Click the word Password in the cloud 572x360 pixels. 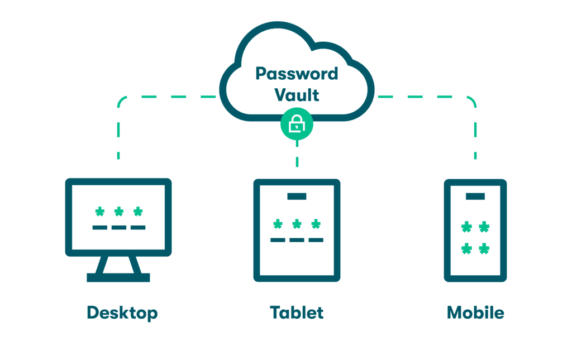[x=297, y=74]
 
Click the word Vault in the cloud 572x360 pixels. [x=297, y=94]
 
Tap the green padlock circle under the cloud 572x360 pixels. [x=297, y=125]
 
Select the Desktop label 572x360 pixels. [x=122, y=313]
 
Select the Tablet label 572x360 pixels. [x=297, y=313]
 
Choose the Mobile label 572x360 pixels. [x=475, y=313]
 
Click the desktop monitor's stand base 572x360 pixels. [x=118, y=277]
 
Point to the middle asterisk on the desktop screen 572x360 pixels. [x=118, y=212]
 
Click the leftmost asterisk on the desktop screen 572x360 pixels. [x=99, y=212]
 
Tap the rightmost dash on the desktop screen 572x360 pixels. [x=137, y=227]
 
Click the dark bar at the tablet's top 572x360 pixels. [x=297, y=196]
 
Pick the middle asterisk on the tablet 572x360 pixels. [x=297, y=224]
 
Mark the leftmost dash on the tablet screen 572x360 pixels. [x=278, y=240]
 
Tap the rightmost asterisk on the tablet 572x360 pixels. [x=316, y=224]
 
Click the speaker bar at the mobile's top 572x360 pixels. [x=475, y=196]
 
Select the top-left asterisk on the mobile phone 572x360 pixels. [x=466, y=227]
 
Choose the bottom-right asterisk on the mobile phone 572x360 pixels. [x=484, y=248]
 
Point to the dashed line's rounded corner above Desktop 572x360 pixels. [x=122, y=100]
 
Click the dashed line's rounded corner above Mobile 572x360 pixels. [x=472, y=100]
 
